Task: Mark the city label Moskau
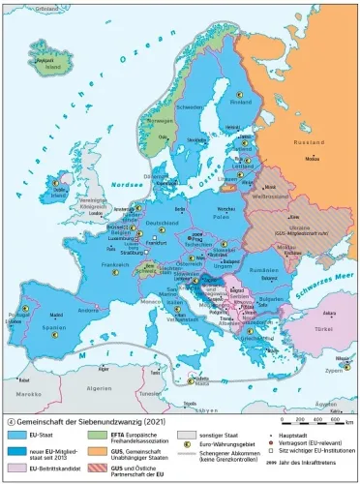pyautogui.click(x=310, y=158)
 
